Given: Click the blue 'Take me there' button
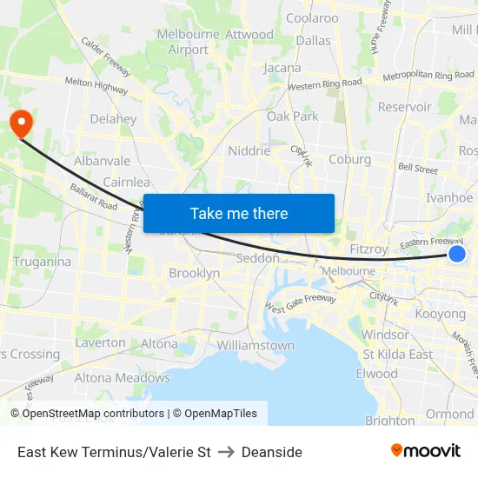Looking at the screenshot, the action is [x=238, y=213].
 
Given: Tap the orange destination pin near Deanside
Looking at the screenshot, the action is [x=18, y=123].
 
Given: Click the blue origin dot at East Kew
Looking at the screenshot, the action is [x=457, y=254].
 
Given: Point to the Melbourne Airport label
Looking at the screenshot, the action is [x=189, y=43].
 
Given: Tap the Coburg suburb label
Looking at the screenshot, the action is [x=349, y=159].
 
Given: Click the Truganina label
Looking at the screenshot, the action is [x=43, y=261].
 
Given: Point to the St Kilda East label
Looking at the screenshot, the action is [x=397, y=354].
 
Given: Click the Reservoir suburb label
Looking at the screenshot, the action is [x=404, y=107].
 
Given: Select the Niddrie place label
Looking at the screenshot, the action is [x=249, y=150].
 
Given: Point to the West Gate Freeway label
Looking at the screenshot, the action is [x=300, y=304].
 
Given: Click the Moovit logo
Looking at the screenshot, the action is [x=425, y=451].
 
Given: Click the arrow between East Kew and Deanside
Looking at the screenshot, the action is [x=226, y=452].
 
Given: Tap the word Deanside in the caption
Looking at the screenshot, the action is [x=272, y=452].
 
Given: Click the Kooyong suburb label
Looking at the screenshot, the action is [x=441, y=314].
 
